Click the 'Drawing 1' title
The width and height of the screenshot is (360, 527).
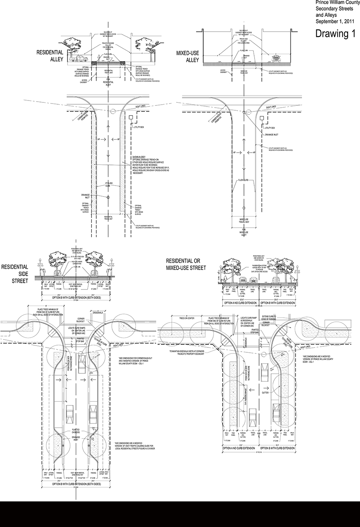(x=335, y=34)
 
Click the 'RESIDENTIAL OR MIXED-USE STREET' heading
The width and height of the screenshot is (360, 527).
(x=186, y=264)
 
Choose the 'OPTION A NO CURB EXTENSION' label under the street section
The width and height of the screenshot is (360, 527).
(x=240, y=303)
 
